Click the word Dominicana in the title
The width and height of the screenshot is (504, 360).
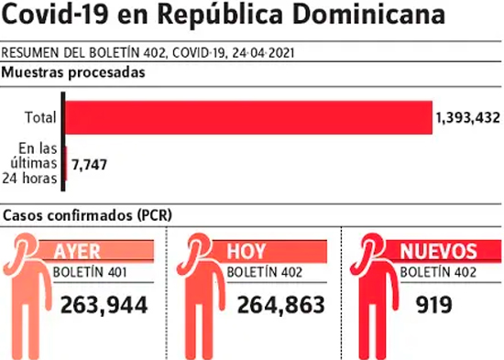tap(369, 14)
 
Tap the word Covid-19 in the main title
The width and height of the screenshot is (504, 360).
tap(55, 14)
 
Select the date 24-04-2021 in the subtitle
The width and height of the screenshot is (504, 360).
tap(264, 53)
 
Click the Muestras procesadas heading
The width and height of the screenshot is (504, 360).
tap(73, 73)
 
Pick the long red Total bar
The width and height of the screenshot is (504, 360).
tap(248, 117)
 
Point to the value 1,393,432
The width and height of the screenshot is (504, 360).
tap(467, 118)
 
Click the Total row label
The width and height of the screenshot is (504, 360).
tap(41, 117)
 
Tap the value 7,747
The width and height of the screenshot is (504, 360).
tap(89, 165)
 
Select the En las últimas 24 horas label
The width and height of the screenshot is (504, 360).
tap(30, 163)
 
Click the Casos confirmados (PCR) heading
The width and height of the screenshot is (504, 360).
tap(87, 215)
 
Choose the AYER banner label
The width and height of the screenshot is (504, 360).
tap(77, 251)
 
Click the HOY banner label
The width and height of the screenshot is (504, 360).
tap(247, 251)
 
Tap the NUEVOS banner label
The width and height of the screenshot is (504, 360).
tap(438, 251)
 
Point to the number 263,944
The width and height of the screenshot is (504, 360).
tap(104, 305)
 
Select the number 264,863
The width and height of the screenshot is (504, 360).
tap(281, 305)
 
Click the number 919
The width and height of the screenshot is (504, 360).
tap(434, 305)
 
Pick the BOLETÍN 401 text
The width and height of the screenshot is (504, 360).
tap(90, 273)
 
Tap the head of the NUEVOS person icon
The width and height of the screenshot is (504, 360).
tap(372, 246)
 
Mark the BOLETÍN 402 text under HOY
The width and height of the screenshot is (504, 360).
tap(265, 273)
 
